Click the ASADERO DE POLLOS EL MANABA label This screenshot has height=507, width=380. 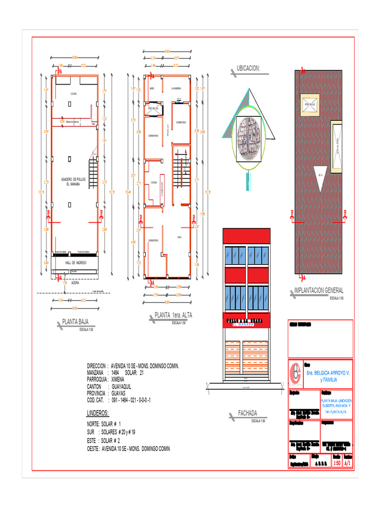(73, 181)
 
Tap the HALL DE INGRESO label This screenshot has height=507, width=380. (76, 262)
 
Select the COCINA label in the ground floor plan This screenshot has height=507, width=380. (73, 94)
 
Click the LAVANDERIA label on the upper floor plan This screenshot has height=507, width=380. (176, 89)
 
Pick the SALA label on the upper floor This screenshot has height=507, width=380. (180, 238)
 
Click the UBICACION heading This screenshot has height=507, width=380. (248, 68)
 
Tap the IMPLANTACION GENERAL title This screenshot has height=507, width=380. (319, 291)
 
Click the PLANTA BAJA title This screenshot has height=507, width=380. (75, 322)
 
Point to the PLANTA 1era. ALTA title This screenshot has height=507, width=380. (173, 315)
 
